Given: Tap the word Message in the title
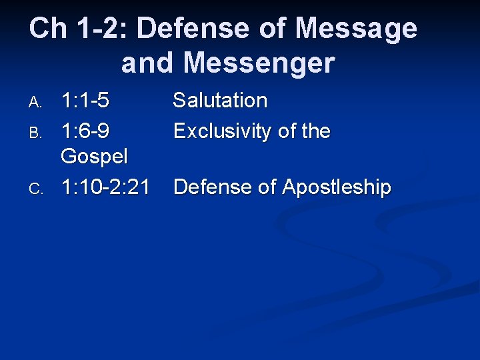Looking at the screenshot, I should click(x=357, y=29).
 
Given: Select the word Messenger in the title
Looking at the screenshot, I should click(x=259, y=63).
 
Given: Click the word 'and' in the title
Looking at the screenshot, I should click(x=147, y=63).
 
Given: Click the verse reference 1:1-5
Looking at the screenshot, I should click(x=85, y=101).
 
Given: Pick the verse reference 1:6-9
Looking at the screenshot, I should click(x=85, y=131).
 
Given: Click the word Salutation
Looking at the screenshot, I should click(x=220, y=101).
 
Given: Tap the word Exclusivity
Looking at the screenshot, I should click(x=223, y=131).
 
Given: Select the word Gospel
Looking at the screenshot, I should click(x=93, y=157).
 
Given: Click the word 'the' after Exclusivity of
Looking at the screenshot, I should click(x=315, y=131).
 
